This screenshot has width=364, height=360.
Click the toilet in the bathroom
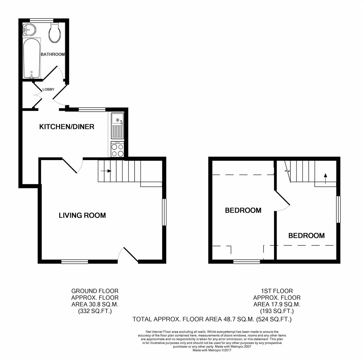(x=55, y=33)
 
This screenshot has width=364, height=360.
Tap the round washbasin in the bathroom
(x=29, y=30)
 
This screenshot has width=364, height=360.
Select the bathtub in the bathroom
(x=32, y=58)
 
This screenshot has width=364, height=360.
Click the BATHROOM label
(x=53, y=54)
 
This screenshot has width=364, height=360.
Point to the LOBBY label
(x=49, y=89)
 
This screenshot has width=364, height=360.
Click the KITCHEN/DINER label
(x=67, y=127)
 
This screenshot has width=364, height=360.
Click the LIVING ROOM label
(x=82, y=215)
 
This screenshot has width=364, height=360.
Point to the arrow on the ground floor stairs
(x=106, y=171)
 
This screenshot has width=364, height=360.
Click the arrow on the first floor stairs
(x=325, y=178)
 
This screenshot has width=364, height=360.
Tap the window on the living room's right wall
(x=164, y=212)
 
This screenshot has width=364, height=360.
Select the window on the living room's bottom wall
(x=75, y=262)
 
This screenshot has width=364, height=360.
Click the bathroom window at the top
(x=42, y=20)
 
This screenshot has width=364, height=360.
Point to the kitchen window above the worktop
(x=92, y=110)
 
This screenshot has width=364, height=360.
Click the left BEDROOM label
(x=243, y=210)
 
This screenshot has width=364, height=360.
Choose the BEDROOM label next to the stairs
(x=306, y=236)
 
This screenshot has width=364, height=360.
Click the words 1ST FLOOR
(x=277, y=291)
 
